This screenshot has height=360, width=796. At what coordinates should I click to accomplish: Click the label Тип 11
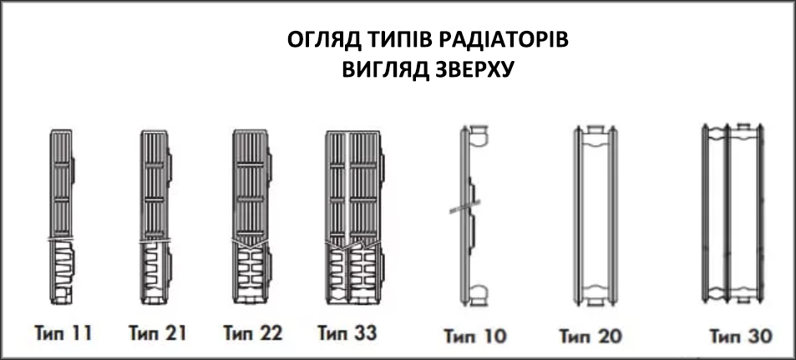click(x=63, y=333)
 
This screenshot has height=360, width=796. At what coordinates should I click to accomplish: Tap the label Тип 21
click(x=157, y=333)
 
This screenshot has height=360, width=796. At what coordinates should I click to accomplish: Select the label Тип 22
click(x=253, y=333)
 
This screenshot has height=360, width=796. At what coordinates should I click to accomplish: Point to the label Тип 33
click(x=347, y=333)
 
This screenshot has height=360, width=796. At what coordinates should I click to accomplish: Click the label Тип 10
click(x=475, y=336)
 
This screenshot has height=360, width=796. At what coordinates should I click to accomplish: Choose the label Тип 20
click(x=591, y=336)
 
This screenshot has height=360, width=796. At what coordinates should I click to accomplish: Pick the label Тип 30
click(x=741, y=336)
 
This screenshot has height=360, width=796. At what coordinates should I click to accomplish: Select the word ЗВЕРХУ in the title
click(x=467, y=70)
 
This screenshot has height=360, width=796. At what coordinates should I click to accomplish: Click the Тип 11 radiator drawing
click(x=62, y=217)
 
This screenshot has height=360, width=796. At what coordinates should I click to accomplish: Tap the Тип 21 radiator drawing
click(x=156, y=217)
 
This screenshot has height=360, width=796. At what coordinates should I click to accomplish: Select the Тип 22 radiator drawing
click(x=251, y=217)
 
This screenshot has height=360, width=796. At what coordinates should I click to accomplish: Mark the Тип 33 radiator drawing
click(x=354, y=217)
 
